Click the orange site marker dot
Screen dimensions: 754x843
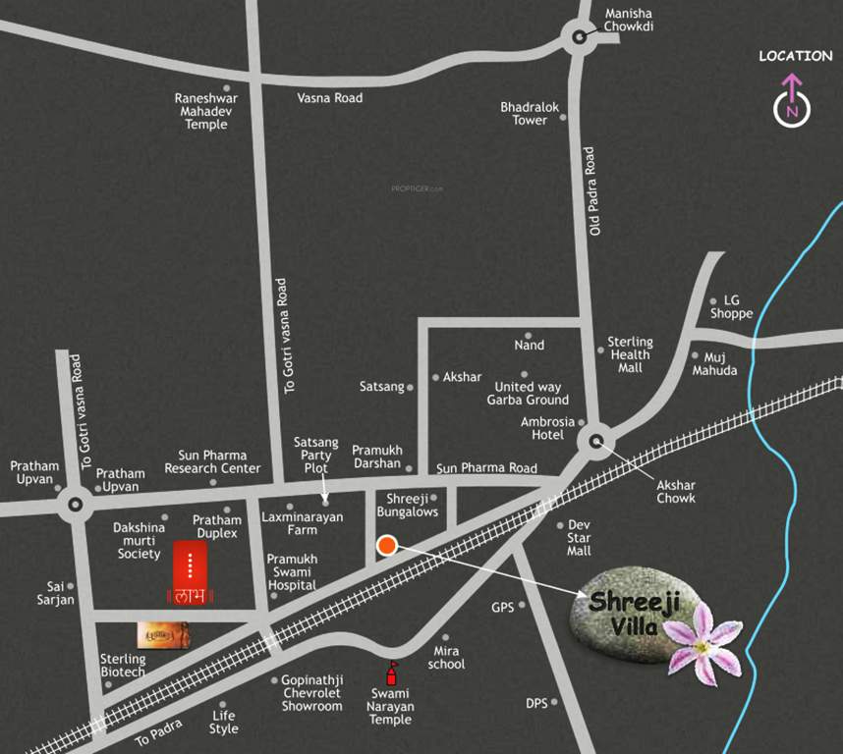coord(387,546)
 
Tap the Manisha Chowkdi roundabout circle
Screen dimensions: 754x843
coord(579,38)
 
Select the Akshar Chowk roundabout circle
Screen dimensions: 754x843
coord(596,441)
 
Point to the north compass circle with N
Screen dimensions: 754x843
coord(793,110)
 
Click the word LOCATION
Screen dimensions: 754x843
coord(795,56)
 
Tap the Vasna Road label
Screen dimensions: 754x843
coord(330,98)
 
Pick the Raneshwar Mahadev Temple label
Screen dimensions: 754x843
coord(206,111)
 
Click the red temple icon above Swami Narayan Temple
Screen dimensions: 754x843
coord(392,673)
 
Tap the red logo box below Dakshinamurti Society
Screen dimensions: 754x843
coord(190,571)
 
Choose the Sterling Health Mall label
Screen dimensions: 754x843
coord(630,354)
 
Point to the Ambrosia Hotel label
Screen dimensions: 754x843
coord(547,428)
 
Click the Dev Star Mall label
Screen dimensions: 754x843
coord(579,538)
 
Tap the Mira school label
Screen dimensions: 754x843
coord(446,658)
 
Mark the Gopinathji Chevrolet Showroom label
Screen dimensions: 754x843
coord(311,693)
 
